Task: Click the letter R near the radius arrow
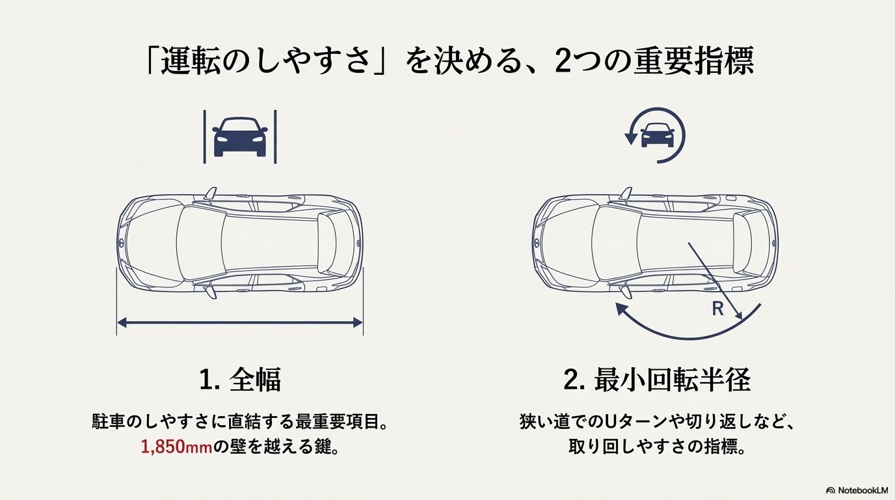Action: coord(717,309)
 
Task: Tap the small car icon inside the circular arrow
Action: coord(657,135)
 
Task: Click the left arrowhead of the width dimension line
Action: coord(120,322)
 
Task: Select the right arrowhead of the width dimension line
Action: coord(358,322)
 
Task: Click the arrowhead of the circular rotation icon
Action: coord(630,137)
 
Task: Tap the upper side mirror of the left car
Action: coord(209,193)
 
